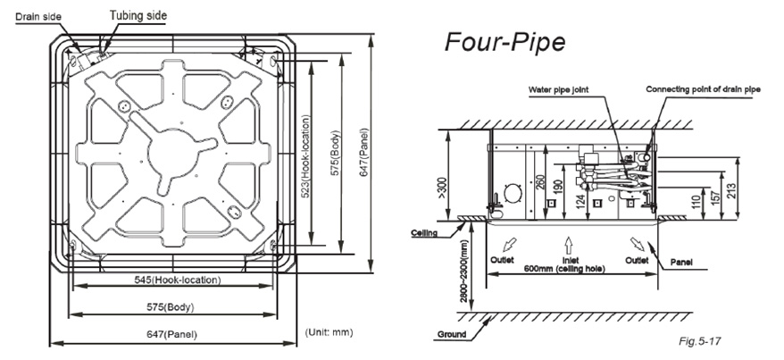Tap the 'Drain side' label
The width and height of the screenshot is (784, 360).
pos(38,16)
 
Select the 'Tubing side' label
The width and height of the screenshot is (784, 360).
pos(138,15)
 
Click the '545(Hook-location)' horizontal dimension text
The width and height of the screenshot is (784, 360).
pos(178,280)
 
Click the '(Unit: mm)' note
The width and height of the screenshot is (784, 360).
pos(329,332)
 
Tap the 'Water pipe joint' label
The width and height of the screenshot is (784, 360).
pos(558,90)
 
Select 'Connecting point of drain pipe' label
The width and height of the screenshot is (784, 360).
pos(703,89)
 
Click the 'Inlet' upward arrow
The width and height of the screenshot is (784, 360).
pos(569,245)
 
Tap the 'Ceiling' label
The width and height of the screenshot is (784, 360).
pos(424,233)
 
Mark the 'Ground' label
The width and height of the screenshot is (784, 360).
pos(452,334)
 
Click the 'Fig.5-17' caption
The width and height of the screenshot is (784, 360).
pos(700,341)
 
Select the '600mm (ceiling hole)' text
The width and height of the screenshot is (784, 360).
pos(564,269)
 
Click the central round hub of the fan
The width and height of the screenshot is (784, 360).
pos(172,151)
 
